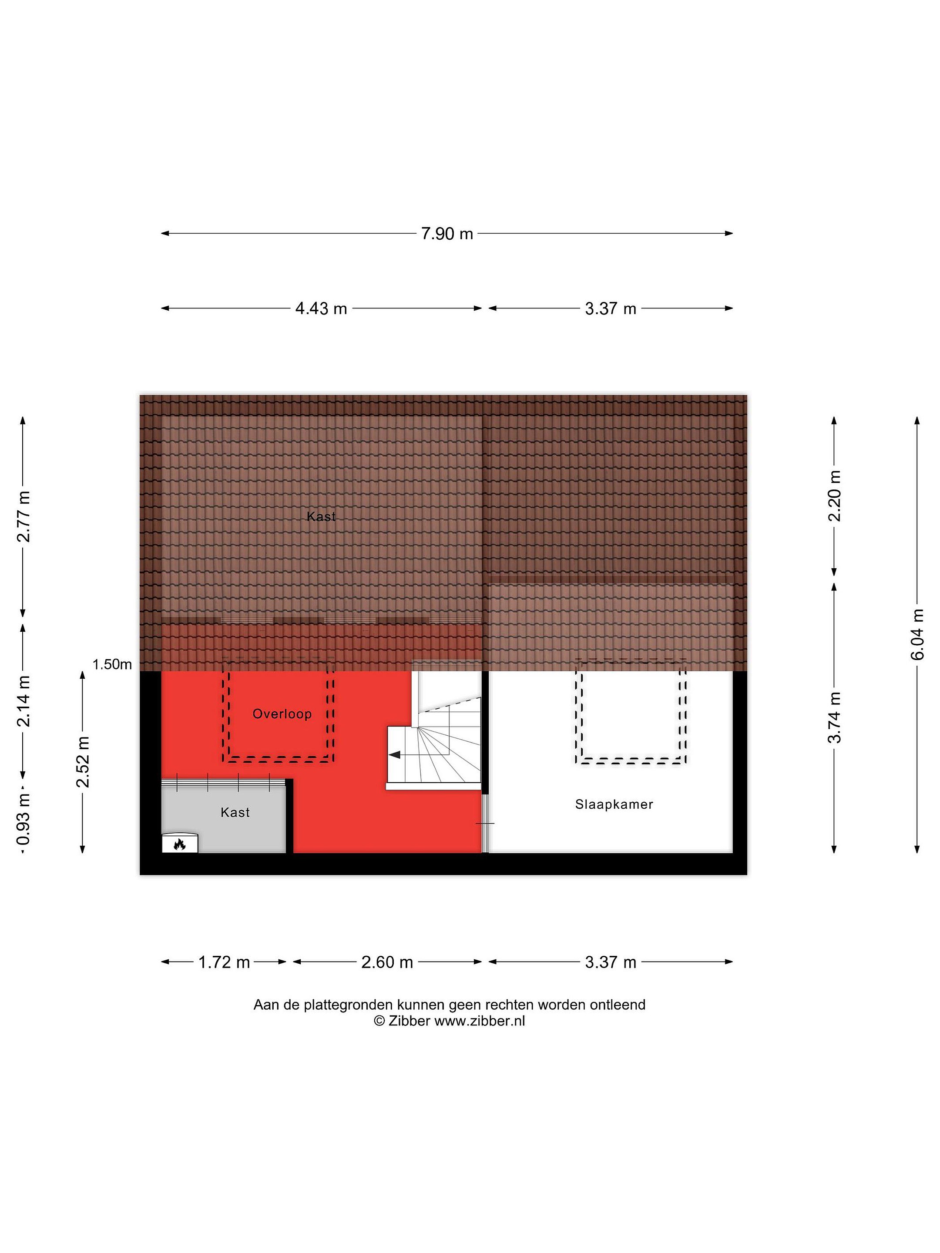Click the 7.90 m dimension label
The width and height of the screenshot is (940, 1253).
click(x=446, y=233)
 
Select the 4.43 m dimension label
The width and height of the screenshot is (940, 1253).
click(x=321, y=309)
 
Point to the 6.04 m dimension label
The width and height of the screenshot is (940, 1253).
click(x=917, y=634)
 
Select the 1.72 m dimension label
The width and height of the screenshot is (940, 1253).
click(x=224, y=962)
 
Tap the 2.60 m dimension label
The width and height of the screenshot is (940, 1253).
click(x=387, y=962)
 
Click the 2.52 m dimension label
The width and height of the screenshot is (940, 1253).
click(x=83, y=762)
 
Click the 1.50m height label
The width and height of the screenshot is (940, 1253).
click(x=112, y=664)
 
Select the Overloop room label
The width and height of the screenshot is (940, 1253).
click(x=282, y=714)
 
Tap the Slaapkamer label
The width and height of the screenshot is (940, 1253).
click(x=614, y=804)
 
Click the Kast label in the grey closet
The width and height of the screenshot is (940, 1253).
click(x=235, y=813)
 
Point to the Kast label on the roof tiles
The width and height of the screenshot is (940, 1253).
click(x=321, y=516)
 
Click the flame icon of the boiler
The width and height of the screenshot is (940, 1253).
click(x=180, y=844)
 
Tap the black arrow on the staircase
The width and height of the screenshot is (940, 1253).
click(x=395, y=754)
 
